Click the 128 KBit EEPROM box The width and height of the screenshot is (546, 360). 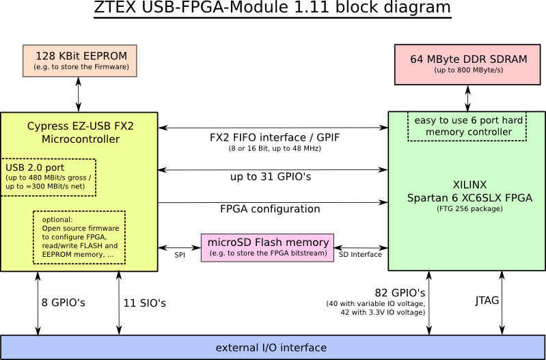[x=79, y=61]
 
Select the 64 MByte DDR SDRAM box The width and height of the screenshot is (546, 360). [x=468, y=64]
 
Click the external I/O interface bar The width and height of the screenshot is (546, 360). [x=271, y=348]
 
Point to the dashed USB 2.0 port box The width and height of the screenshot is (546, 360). [x=49, y=177]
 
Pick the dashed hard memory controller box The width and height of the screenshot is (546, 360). [x=468, y=126]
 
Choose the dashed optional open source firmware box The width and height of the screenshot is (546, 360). [x=79, y=237]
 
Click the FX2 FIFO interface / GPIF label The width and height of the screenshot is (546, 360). [x=274, y=137]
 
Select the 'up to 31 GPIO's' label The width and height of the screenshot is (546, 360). [x=270, y=177]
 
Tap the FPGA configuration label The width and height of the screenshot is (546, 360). [x=270, y=208]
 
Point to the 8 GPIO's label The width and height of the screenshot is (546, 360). [x=64, y=302]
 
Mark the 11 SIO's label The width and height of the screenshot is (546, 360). [x=145, y=302]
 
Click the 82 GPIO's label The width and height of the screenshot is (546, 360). [x=400, y=292]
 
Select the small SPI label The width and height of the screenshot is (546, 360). [x=180, y=254]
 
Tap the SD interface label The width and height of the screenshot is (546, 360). [x=360, y=254]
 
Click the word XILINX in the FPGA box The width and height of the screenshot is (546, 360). [x=469, y=185]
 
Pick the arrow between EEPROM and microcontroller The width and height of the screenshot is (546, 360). [x=79, y=94]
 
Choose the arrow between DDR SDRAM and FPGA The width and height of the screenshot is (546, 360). [x=468, y=98]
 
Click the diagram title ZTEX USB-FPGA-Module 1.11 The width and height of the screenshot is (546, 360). [x=272, y=8]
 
